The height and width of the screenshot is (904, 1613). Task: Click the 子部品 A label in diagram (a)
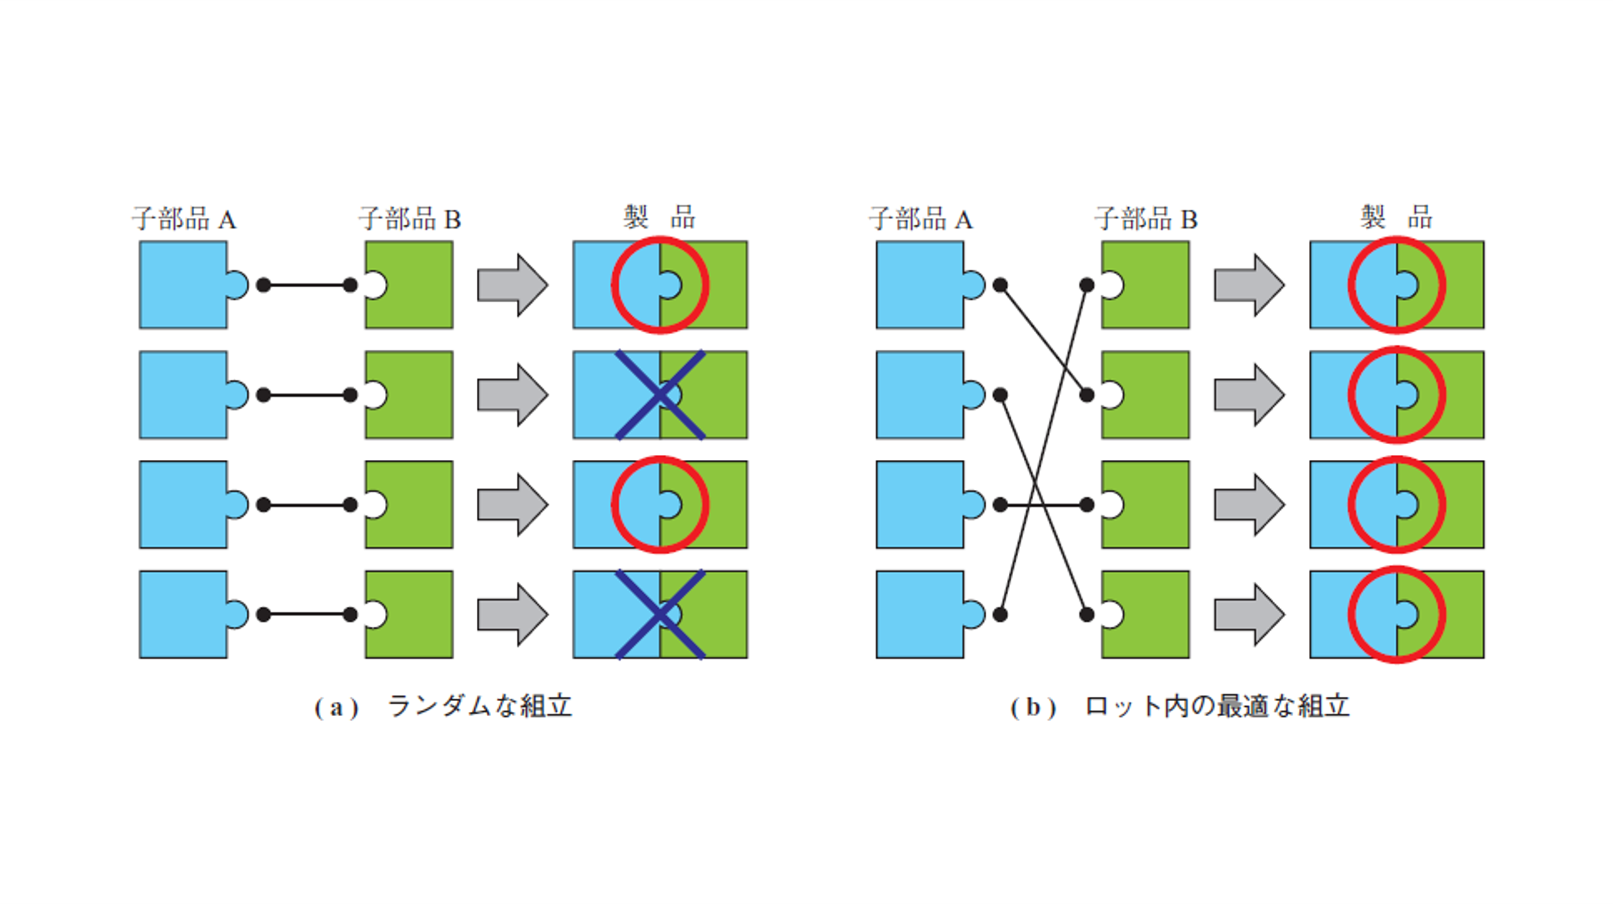(184, 219)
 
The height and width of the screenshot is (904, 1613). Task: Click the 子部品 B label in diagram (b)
(1146, 219)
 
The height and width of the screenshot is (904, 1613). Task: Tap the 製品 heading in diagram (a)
(660, 217)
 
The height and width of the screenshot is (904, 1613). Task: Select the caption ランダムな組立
(479, 706)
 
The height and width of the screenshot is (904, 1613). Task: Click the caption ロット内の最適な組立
(1217, 706)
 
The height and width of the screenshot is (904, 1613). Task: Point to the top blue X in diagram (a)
(660, 395)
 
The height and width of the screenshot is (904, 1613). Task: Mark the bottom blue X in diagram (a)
(660, 614)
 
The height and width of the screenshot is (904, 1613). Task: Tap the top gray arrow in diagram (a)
(512, 285)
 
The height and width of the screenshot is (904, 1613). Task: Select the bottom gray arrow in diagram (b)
(1249, 614)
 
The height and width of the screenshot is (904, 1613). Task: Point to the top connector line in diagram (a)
(307, 285)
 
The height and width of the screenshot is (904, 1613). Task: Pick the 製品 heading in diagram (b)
(1396, 217)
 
